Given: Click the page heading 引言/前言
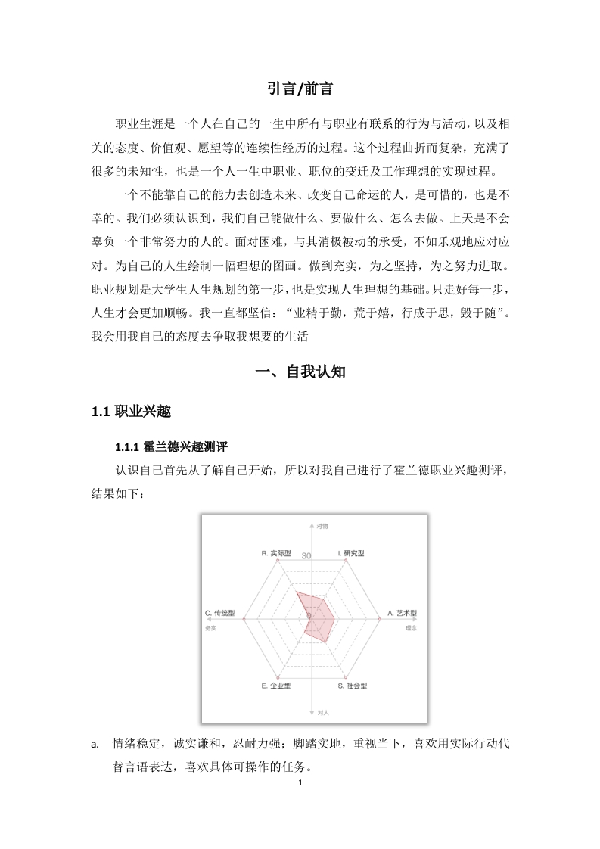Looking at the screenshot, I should pyautogui.click(x=300, y=89).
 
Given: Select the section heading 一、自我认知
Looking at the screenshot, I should pyautogui.click(x=300, y=372).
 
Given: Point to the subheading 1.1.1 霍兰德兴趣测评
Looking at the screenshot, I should pyautogui.click(x=166, y=446).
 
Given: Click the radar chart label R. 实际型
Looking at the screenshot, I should pyautogui.click(x=276, y=554).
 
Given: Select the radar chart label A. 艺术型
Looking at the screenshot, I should pyautogui.click(x=403, y=613).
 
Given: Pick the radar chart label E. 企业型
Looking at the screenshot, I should pyautogui.click(x=275, y=686).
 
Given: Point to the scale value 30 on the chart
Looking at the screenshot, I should pyautogui.click(x=306, y=556).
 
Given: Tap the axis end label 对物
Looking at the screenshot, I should pyautogui.click(x=322, y=525).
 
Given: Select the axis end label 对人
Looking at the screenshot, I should pyautogui.click(x=323, y=713).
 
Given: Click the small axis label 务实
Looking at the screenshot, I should pyautogui.click(x=210, y=628).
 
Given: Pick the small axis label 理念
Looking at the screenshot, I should pyautogui.click(x=412, y=628).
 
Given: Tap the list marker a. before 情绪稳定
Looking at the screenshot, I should pyautogui.click(x=95, y=744).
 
